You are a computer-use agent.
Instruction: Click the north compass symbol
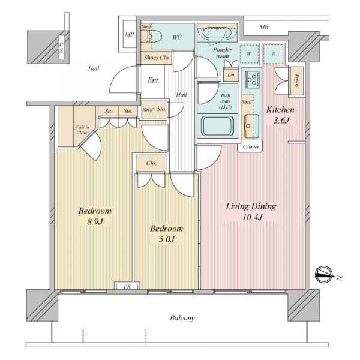click(x=324, y=275)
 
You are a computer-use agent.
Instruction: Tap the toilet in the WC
click(x=151, y=36)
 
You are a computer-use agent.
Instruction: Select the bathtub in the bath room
click(x=217, y=126)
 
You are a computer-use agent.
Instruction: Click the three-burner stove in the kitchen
click(x=252, y=79)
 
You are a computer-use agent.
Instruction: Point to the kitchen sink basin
click(x=251, y=125)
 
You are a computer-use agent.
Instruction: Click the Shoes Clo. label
click(x=157, y=58)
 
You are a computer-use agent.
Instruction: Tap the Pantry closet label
click(x=296, y=81)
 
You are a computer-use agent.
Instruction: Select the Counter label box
click(x=251, y=147)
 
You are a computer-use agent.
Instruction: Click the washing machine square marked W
click(x=249, y=54)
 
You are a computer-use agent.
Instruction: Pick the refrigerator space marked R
click(x=273, y=54)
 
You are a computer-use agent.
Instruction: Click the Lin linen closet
click(x=231, y=74)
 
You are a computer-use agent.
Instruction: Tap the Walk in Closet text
click(x=82, y=130)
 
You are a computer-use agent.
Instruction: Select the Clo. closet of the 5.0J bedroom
click(x=151, y=163)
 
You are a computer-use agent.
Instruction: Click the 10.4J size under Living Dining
click(x=253, y=217)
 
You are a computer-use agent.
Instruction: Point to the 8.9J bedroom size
click(x=95, y=221)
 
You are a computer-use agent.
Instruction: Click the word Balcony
click(x=182, y=318)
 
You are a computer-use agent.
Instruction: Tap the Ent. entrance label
click(x=154, y=80)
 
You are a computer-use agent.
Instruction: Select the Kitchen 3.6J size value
click(x=281, y=121)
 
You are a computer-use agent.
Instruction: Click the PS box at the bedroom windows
click(x=127, y=287)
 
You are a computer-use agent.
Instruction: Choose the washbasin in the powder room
click(x=217, y=34)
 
